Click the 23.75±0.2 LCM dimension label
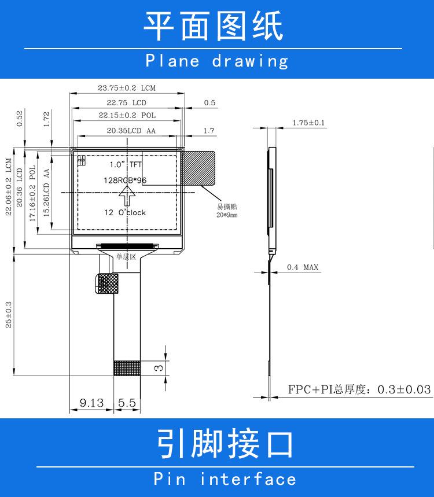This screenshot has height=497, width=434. (x=127, y=89)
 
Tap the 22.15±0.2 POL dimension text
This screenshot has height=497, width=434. (x=127, y=116)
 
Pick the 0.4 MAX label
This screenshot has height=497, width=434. (x=303, y=267)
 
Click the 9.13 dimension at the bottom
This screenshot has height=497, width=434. (x=91, y=402)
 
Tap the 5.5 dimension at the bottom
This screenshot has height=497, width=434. (x=127, y=402)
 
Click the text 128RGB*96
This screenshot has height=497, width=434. (x=124, y=180)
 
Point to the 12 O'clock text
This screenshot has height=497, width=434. (x=124, y=212)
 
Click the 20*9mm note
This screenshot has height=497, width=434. (x=227, y=215)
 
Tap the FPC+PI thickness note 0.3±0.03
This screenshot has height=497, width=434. (x=359, y=389)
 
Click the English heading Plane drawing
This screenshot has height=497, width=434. (x=216, y=61)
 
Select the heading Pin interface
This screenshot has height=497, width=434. (x=225, y=479)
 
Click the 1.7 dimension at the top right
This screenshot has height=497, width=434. (x=209, y=131)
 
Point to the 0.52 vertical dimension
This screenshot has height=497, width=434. (x=20, y=117)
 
